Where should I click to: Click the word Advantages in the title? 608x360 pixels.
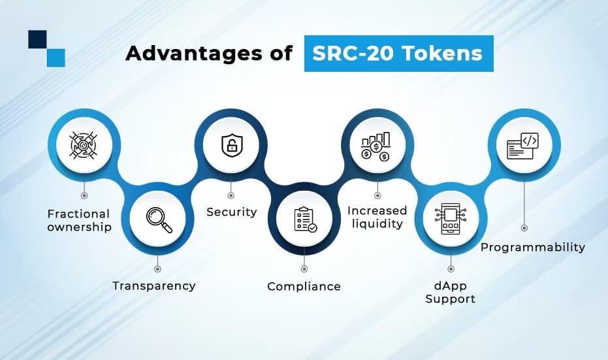[194, 53]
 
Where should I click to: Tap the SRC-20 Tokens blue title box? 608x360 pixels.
[398, 54]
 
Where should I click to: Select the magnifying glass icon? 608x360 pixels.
[159, 220]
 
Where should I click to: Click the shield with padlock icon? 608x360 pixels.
[231, 146]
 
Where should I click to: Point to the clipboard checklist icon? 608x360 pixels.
[305, 220]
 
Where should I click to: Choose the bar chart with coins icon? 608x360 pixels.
[376, 146]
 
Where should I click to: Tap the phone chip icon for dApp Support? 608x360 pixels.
[451, 219]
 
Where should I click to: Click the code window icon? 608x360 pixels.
[522, 146]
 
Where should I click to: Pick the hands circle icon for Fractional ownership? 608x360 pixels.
[84, 145]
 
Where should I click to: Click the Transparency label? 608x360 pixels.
[154, 286]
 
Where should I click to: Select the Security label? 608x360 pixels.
[231, 212]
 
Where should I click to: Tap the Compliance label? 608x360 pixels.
[304, 286]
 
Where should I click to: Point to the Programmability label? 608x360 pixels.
[533, 247]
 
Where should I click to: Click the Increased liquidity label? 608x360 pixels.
[377, 217]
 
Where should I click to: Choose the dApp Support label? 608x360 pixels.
[450, 293]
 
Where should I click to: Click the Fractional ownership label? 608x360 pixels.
[79, 220]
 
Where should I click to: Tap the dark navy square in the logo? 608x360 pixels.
[37, 40]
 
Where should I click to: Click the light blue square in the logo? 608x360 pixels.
[56, 57]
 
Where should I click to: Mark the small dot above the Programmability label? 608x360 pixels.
[524, 228]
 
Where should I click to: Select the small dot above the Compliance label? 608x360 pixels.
[304, 269]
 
